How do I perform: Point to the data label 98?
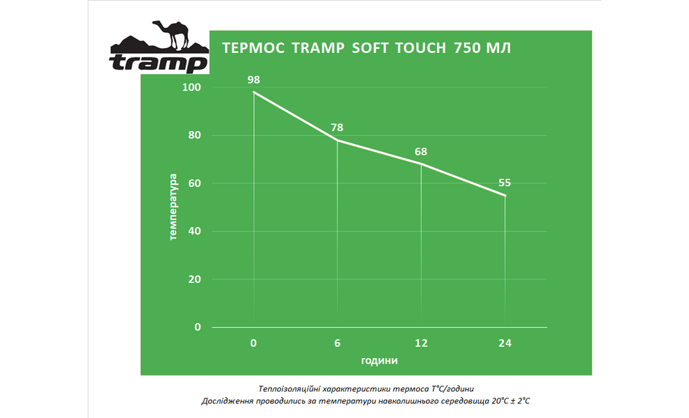click(x=253, y=80)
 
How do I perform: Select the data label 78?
click(x=337, y=127)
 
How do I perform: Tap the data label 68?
click(x=420, y=151)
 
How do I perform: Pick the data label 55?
click(x=505, y=183)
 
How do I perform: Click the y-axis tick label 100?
click(x=191, y=87)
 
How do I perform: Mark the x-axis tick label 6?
click(x=337, y=343)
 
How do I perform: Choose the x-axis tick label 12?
click(x=420, y=343)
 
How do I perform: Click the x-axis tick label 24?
click(x=505, y=343)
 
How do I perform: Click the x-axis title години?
click(x=379, y=361)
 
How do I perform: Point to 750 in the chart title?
click(x=467, y=49)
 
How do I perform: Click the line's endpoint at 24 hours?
click(x=505, y=196)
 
